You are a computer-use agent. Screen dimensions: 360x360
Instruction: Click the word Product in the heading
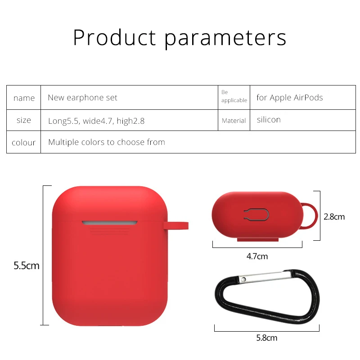(115, 37)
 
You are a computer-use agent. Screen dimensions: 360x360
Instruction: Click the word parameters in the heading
(225, 39)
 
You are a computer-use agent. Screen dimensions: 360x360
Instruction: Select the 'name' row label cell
(24, 98)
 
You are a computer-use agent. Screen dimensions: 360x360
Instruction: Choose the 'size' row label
(24, 120)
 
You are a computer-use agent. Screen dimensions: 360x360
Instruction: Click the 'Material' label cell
(234, 121)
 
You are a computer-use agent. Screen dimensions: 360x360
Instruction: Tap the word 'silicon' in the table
(269, 120)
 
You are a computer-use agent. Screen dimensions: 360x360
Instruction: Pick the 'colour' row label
(24, 143)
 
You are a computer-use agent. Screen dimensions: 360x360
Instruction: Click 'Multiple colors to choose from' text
(107, 142)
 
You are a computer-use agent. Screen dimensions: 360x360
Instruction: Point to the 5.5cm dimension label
(27, 265)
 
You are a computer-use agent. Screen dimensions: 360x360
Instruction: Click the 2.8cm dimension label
(334, 217)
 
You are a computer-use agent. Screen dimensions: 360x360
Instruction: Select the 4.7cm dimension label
(257, 256)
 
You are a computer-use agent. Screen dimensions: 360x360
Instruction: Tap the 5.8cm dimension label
(267, 338)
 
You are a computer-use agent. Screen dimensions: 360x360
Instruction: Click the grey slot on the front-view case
(109, 223)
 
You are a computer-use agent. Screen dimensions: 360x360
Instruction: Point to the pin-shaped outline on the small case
(256, 215)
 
